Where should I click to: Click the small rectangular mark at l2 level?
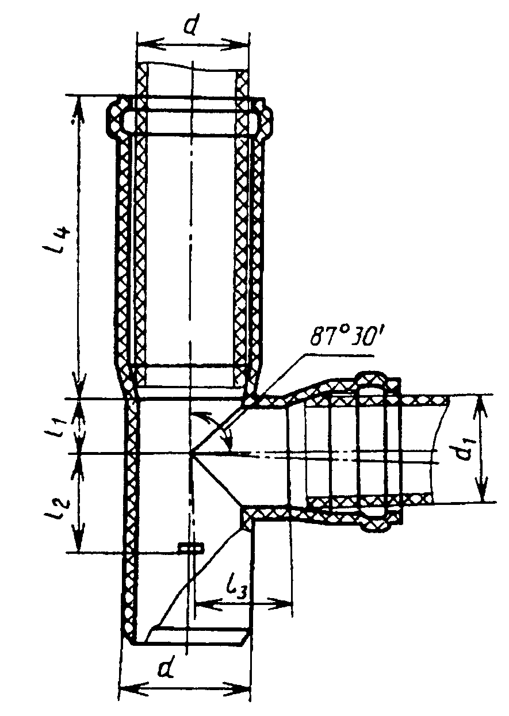pyautogui.click(x=189, y=547)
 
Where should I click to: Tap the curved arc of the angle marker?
pyautogui.click(x=221, y=428)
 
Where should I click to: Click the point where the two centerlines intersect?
pyautogui.click(x=189, y=453)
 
